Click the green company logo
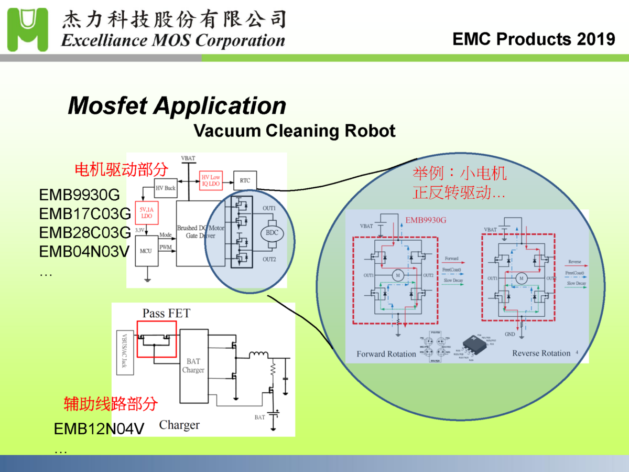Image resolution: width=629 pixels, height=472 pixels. (x=27, y=29)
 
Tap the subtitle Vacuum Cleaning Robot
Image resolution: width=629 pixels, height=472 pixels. (x=294, y=130)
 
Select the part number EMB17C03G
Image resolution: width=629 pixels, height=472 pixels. (x=84, y=214)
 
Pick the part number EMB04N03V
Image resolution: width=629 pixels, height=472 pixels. (x=84, y=252)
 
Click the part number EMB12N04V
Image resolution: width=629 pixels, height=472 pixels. (x=99, y=429)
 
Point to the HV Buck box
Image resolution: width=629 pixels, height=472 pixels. (x=166, y=188)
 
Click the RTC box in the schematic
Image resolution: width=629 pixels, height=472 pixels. (x=245, y=180)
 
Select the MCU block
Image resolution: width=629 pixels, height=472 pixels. (x=145, y=251)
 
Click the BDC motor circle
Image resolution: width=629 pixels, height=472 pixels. (x=272, y=233)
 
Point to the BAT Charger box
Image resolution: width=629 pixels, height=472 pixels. (x=193, y=366)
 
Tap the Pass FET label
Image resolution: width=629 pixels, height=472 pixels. (x=166, y=314)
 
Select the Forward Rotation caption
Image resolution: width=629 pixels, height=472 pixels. (x=386, y=354)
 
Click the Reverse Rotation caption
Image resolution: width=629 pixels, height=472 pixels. (x=541, y=353)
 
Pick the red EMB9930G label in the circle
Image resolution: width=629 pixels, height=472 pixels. (x=426, y=220)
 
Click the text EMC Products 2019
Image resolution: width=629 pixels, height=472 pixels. (x=534, y=39)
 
